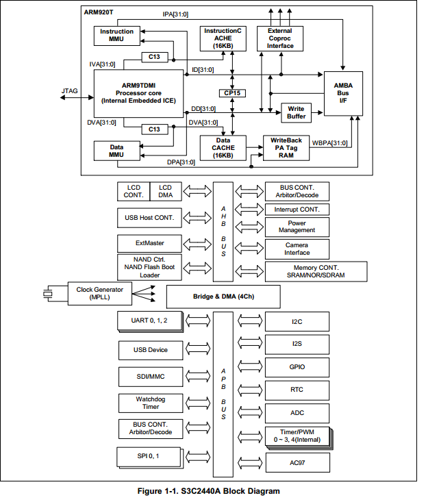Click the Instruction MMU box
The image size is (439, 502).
coord(117,36)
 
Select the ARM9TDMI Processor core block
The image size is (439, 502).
coord(138,94)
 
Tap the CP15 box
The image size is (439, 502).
coord(232,93)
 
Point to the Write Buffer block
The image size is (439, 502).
coord(296,113)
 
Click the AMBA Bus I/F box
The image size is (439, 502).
coord(343,93)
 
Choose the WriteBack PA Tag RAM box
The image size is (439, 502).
coord(286,148)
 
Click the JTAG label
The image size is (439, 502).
coord(69,91)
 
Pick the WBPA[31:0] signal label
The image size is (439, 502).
coord(330,143)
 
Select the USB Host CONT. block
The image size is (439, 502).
coord(149,218)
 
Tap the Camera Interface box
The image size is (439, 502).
coord(297,249)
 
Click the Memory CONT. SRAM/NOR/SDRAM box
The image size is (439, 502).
coord(316,271)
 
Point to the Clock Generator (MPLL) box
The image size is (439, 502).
coord(100,294)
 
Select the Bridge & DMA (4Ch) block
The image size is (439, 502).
coord(223,297)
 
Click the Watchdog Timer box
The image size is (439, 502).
coord(151,403)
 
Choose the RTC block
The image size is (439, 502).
coord(297,390)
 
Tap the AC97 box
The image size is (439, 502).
coord(298,463)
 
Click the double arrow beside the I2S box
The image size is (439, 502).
coord(250,343)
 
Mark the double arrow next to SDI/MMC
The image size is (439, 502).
coord(198,376)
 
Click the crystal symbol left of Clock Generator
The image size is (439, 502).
coord(48,294)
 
